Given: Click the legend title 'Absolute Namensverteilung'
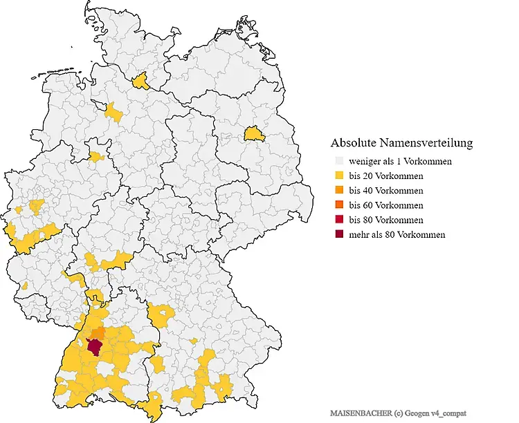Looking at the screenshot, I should click(x=401, y=143).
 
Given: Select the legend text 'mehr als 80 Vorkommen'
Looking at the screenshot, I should click(x=397, y=234).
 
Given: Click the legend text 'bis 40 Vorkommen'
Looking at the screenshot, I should click(x=386, y=190).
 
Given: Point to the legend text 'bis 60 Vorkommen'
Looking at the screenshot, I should click(x=386, y=205).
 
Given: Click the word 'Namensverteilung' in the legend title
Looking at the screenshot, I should click(x=428, y=143).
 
